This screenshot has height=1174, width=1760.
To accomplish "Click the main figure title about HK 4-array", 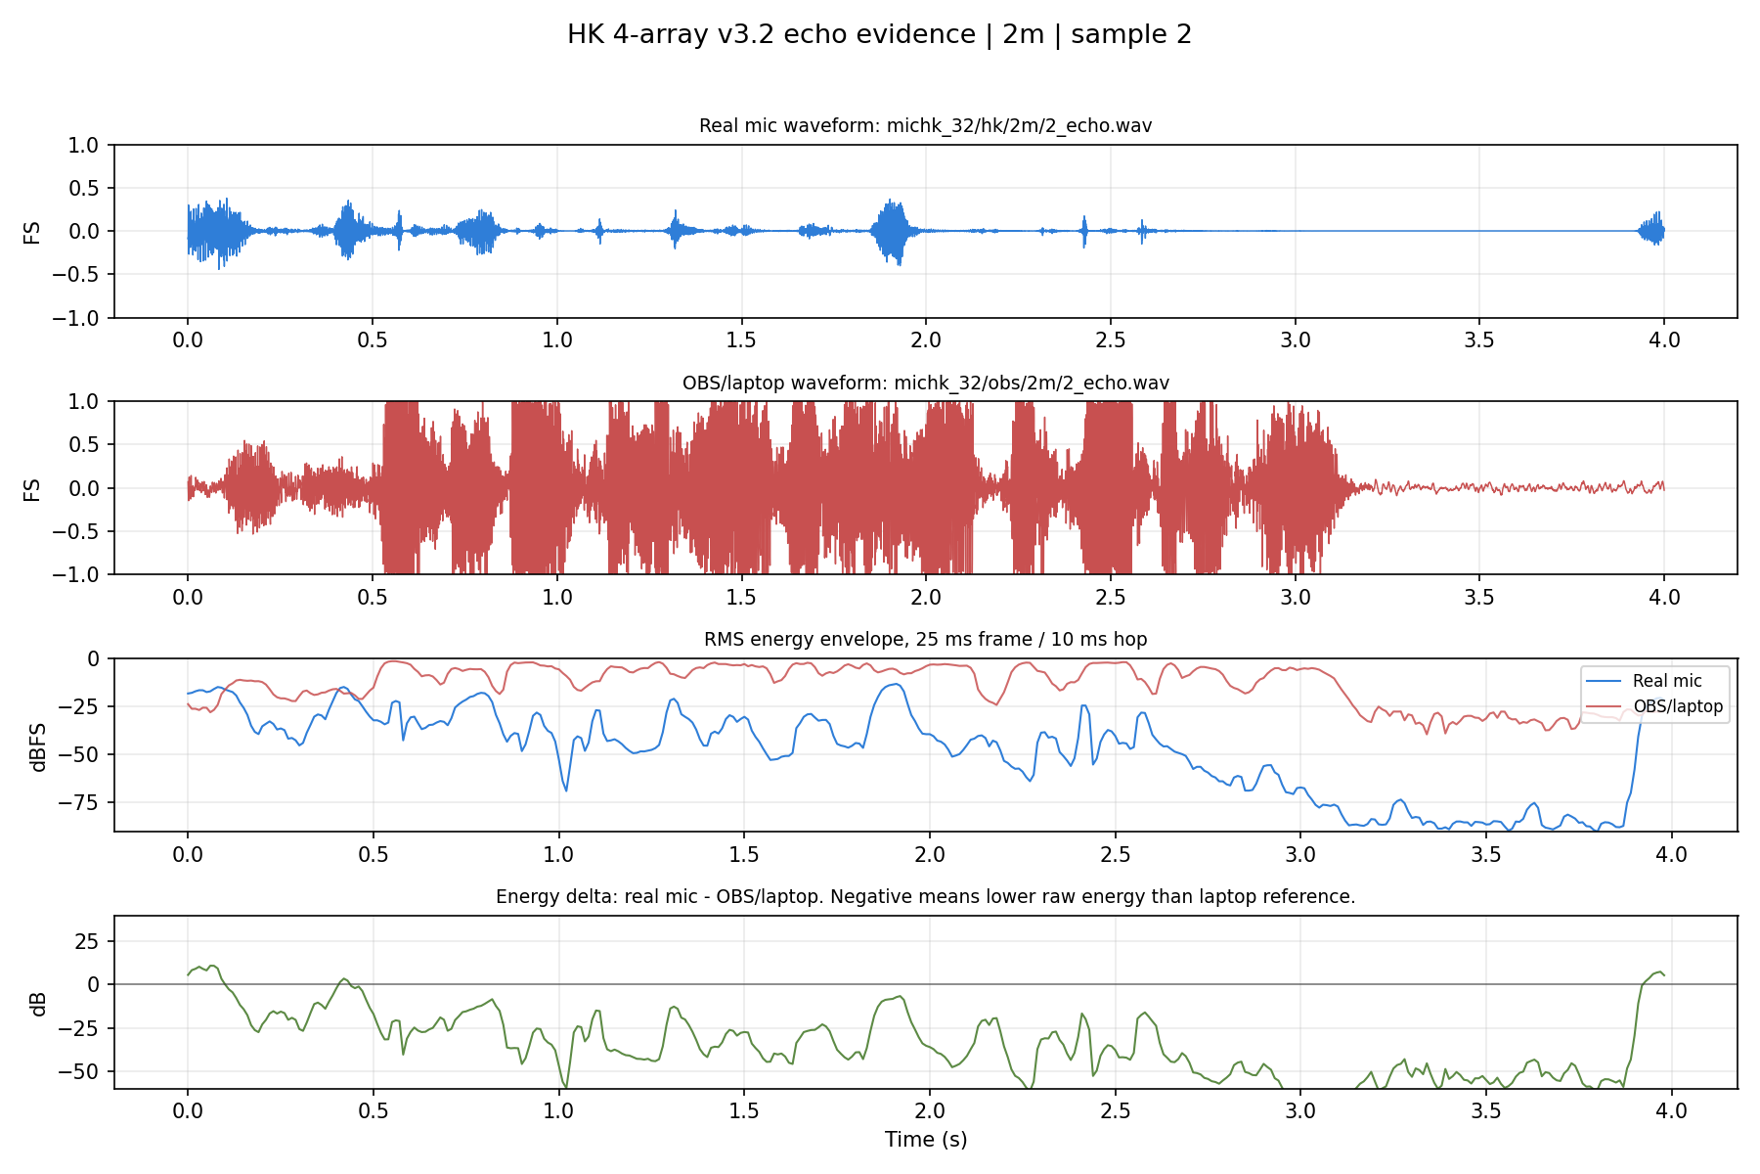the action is [x=879, y=35].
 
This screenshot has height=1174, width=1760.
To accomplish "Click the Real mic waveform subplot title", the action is [x=925, y=126].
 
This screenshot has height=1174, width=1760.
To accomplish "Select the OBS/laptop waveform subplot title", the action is [x=925, y=383].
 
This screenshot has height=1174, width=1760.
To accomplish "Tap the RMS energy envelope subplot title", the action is [x=925, y=639].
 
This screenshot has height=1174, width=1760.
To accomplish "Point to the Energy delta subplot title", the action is [x=925, y=896].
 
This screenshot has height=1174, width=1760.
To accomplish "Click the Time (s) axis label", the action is [x=926, y=1139].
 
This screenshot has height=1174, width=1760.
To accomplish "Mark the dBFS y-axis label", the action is [x=38, y=745].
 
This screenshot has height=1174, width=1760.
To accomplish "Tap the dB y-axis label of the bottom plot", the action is [x=38, y=1003].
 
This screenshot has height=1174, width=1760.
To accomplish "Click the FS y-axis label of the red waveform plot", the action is [x=32, y=488].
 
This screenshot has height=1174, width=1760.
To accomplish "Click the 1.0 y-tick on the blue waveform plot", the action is [x=85, y=145].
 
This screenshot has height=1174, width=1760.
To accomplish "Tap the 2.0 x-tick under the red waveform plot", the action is [x=926, y=597].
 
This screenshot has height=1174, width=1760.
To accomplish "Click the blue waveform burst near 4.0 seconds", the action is [x=1652, y=230].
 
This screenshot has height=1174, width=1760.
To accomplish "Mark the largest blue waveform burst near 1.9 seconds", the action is [x=892, y=232].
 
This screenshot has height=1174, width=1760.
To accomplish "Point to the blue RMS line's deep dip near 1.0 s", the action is [x=565, y=789].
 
